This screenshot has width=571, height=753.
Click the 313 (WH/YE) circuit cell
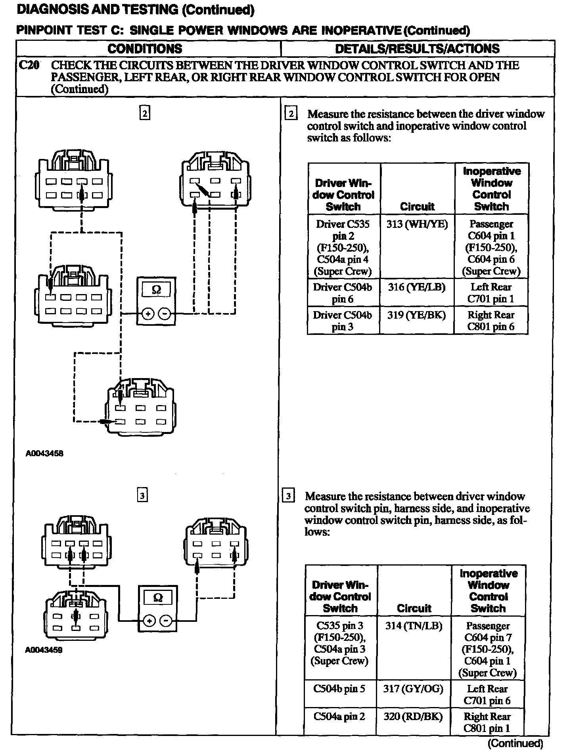[x=417, y=225]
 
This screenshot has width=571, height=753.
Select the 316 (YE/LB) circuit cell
[x=417, y=287]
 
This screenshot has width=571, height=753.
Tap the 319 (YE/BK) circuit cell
[x=416, y=315]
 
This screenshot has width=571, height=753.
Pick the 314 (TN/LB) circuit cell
[x=414, y=626]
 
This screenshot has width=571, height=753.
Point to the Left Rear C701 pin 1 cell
[x=491, y=293]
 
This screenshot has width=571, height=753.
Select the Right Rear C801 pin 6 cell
[x=491, y=321]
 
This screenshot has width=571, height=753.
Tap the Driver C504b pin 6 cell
[x=343, y=293]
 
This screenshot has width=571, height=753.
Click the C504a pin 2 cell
[x=339, y=717]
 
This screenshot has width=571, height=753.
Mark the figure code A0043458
[x=44, y=453]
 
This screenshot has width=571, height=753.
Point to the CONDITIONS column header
[x=145, y=49]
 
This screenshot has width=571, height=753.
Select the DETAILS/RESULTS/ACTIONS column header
[x=417, y=49]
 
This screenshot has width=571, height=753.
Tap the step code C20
[x=29, y=65]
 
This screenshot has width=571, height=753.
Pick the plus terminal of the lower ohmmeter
[x=149, y=621]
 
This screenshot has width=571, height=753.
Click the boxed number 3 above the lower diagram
[x=142, y=495]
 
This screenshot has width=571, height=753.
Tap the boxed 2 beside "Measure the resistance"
[x=291, y=114]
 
